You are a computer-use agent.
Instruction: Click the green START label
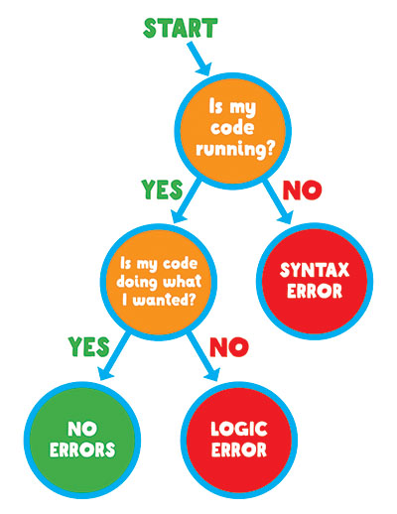point(181,28)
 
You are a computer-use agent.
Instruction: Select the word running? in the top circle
point(235,150)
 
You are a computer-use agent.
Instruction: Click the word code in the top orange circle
point(232,127)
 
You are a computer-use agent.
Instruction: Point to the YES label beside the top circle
point(162,190)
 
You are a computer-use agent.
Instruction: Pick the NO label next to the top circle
point(303,191)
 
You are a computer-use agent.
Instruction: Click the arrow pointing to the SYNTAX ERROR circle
point(279,202)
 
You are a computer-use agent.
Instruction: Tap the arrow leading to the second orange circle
point(186,201)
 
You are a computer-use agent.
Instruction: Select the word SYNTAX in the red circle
point(315,270)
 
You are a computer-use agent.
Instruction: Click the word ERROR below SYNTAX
point(315,291)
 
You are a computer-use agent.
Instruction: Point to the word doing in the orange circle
point(136,282)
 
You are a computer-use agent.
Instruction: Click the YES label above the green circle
point(89,346)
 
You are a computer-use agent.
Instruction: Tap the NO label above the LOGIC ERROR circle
point(229,347)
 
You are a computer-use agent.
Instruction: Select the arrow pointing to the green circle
point(113,356)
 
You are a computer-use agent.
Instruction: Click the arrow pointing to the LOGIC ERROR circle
point(203,357)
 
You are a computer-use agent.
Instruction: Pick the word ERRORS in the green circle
point(82,450)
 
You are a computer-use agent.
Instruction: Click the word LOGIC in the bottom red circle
point(239,429)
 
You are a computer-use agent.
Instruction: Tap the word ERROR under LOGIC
point(239,450)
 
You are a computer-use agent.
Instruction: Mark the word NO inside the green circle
point(82,429)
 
